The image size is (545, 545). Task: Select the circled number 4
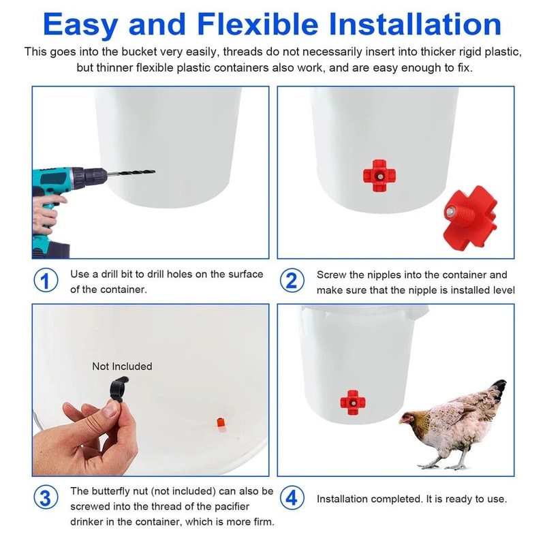[x=292, y=498]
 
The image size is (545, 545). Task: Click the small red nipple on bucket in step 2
[x=377, y=176]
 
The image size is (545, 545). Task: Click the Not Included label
[x=122, y=367]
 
